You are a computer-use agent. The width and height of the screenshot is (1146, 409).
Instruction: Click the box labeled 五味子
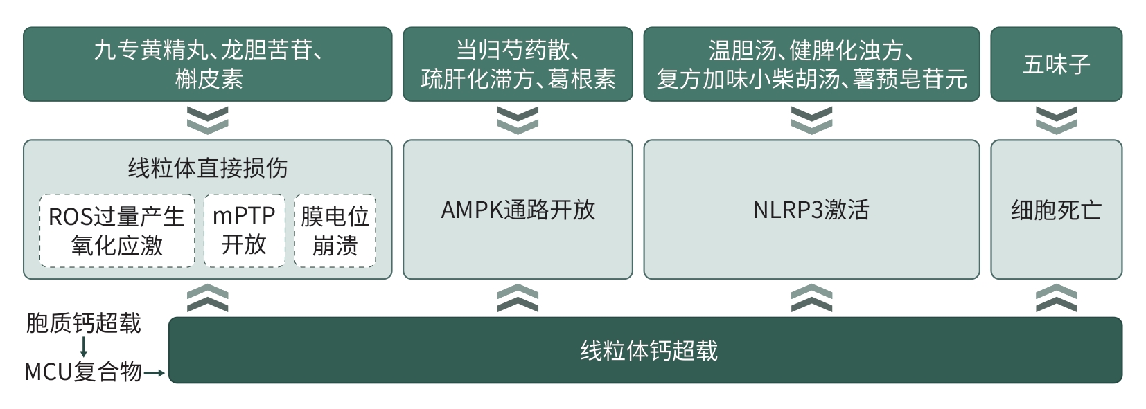tap(1057, 64)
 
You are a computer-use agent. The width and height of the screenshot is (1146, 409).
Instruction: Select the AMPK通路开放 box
tap(518, 210)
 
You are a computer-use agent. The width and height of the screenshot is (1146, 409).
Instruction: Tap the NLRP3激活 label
tap(811, 210)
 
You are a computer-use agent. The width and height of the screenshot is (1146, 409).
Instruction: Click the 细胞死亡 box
tap(1057, 210)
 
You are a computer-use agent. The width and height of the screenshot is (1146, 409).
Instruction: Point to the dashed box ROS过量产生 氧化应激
tap(117, 230)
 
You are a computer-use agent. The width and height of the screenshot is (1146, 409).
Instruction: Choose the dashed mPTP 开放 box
tap(245, 230)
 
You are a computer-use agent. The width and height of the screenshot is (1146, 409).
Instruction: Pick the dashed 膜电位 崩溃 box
tap(335, 230)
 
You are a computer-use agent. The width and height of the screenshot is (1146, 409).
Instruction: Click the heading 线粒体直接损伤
tap(208, 167)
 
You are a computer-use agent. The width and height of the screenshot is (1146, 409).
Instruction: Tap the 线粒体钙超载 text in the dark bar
tap(649, 351)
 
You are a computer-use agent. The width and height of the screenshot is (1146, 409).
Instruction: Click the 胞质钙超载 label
tap(83, 323)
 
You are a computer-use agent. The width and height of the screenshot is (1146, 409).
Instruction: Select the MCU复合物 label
tap(83, 372)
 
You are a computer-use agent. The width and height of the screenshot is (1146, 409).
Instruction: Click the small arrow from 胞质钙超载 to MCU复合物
tap(83, 347)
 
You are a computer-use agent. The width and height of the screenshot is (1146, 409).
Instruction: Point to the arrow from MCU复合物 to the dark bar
tap(154, 373)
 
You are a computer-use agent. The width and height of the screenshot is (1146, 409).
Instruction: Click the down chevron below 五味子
tap(1057, 120)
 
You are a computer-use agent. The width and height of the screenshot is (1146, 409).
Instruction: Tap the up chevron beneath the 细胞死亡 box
tap(1057, 298)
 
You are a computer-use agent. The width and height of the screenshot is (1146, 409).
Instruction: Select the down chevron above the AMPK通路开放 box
tap(518, 120)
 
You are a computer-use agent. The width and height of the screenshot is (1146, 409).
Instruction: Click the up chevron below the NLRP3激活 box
tap(811, 298)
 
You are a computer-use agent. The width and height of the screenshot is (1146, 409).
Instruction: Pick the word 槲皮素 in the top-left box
tap(209, 79)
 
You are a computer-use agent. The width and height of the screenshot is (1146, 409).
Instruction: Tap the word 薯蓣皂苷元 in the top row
tap(910, 79)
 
